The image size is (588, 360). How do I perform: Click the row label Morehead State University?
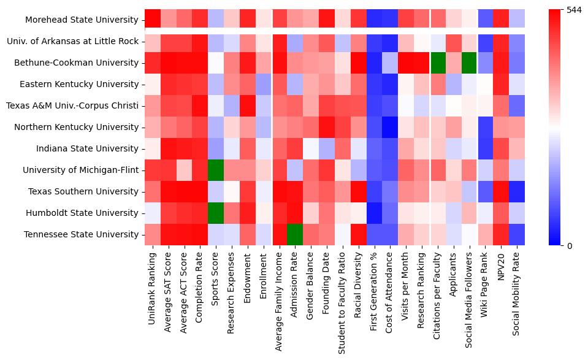tap(82, 20)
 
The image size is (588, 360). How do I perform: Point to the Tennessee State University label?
tap(81, 235)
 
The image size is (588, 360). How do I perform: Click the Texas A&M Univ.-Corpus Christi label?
tap(72, 106)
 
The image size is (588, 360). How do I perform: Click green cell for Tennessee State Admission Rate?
tap(296, 235)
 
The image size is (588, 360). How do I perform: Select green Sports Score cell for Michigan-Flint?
tap(216, 170)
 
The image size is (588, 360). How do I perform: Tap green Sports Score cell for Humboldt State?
tap(216, 213)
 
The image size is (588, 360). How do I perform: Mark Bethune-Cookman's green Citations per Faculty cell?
tap(438, 63)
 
